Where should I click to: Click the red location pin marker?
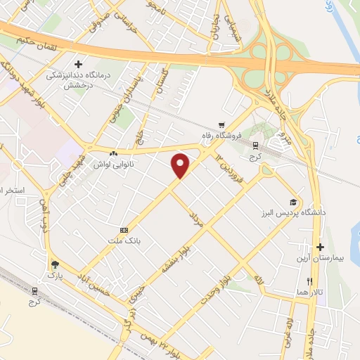click(x=181, y=165)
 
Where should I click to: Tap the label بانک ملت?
click(x=124, y=241)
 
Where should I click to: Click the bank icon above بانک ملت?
click(x=124, y=230)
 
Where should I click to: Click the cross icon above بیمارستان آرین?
click(x=320, y=247)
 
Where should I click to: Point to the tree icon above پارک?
click(x=55, y=264)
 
